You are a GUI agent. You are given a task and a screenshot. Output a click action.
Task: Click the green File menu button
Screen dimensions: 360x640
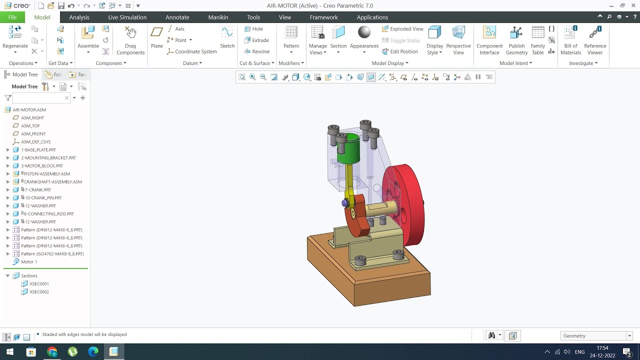(12, 17)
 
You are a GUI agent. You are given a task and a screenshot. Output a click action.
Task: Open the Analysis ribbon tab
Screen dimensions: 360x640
(79, 17)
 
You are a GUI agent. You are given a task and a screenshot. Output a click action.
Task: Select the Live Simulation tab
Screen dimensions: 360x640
(127, 17)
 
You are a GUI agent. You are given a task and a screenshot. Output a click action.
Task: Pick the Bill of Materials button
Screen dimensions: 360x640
(570, 40)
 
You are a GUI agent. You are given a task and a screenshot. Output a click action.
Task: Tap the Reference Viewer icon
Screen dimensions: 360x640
(595, 40)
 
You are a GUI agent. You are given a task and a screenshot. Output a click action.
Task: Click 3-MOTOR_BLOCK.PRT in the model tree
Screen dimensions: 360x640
(42, 165)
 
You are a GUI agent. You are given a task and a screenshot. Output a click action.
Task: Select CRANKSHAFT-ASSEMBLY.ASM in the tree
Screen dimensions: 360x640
(52, 181)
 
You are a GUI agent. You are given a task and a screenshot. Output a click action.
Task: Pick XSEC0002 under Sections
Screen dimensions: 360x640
(39, 291)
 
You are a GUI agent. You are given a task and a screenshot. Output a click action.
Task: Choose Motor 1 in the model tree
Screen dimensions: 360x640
(29, 261)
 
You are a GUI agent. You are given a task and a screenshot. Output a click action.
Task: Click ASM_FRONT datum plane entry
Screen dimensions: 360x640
(33, 133)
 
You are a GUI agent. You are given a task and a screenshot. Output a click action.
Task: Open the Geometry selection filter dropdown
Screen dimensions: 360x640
(596, 336)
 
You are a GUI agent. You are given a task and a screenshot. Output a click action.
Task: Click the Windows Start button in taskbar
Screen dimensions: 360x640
(9, 352)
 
